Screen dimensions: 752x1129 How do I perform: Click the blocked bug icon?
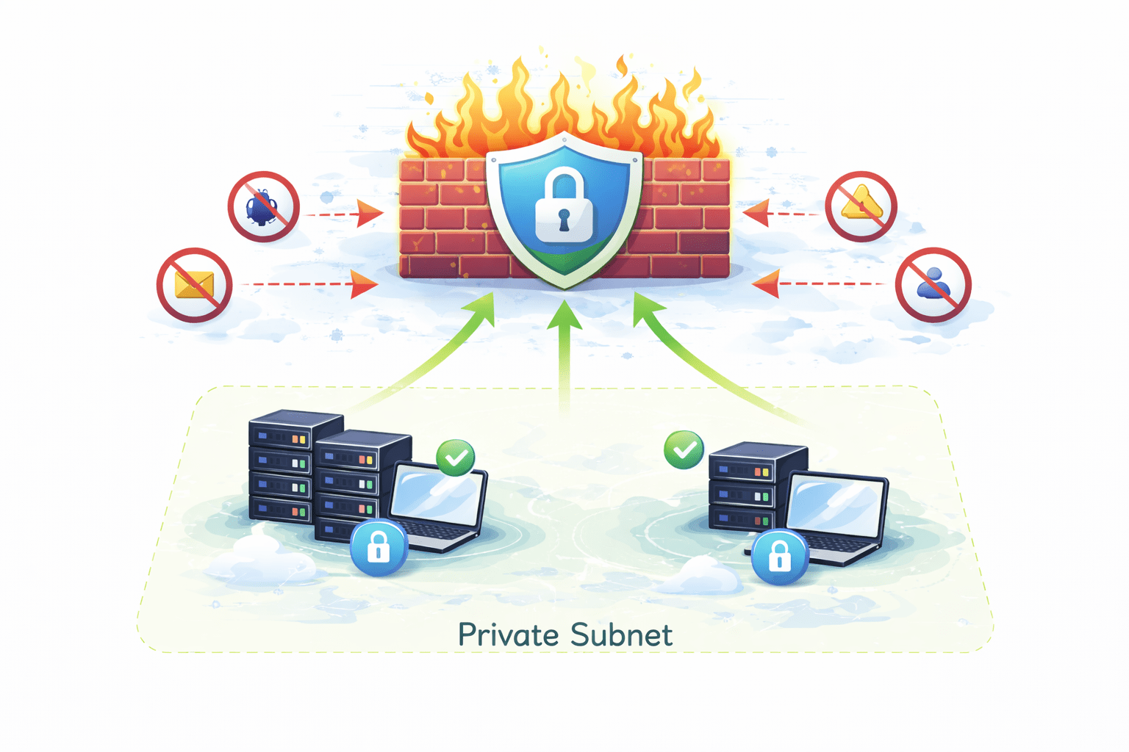coord(263,207)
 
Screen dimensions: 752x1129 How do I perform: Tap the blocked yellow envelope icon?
coord(195,285)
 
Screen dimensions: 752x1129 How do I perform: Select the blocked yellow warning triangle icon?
coord(861,206)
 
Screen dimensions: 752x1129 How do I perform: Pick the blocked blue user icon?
coord(933,285)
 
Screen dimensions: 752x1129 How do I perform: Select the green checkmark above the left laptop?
coord(456,458)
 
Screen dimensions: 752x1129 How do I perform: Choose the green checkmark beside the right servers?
coord(684,449)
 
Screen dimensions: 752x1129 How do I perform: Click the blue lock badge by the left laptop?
coord(379,547)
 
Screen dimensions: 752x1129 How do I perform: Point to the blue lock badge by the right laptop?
coord(780,557)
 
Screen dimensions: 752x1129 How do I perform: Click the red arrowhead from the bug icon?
coord(370,214)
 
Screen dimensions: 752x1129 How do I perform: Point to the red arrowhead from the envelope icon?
coord(364,284)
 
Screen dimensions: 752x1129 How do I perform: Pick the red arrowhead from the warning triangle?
coord(757,214)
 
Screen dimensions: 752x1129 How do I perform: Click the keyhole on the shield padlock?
coord(564,218)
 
